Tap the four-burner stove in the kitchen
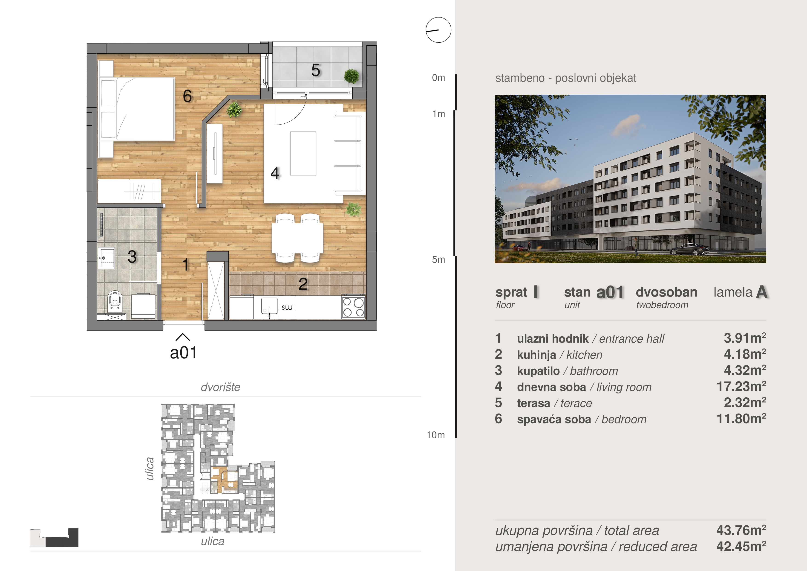pos(353,307)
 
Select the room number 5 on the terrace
pos(316,70)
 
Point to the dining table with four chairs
pos(298,238)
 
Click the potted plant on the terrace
pos(352,76)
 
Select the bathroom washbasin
pos(107,258)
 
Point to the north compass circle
pos(438,30)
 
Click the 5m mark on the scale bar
pos(438,260)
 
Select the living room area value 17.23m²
pos(741,387)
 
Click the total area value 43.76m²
pos(741,530)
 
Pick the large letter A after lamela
pos(762,292)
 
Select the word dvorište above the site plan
pos(220,387)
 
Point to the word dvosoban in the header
pos(666,292)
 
